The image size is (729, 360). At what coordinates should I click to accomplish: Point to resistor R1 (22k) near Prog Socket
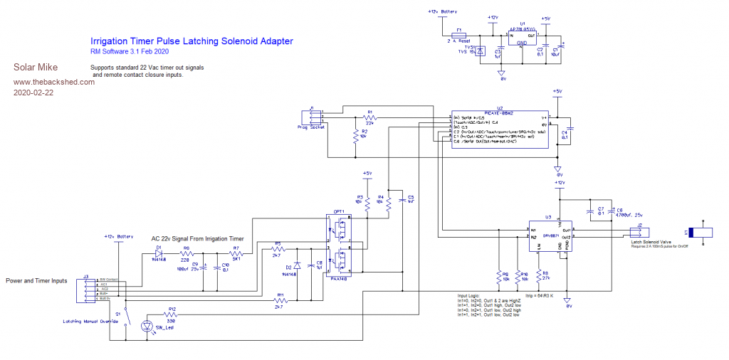pos(369,117)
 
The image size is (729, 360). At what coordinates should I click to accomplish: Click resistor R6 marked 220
pos(187,253)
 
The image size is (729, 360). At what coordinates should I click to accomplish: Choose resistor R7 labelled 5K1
pos(236,253)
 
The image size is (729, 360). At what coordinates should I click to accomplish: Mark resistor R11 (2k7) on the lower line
pos(279,300)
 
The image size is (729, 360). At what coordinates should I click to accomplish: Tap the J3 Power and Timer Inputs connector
pos(87,289)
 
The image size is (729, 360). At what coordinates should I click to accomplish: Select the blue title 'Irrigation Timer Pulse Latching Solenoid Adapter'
pos(191,41)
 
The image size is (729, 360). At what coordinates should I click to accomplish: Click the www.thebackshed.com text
pos(54,81)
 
